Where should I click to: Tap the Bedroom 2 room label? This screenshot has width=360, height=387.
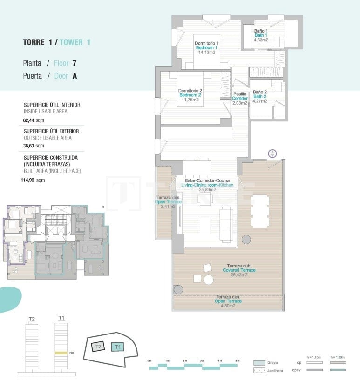(190, 95)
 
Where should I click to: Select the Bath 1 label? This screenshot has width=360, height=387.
(260, 35)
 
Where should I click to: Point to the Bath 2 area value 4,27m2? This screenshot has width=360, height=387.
(259, 100)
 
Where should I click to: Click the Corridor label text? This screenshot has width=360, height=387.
(240, 98)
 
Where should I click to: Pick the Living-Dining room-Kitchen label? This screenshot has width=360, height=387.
(207, 185)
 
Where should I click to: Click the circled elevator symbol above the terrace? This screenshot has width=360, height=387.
(272, 153)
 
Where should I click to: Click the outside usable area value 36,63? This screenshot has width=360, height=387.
(29, 146)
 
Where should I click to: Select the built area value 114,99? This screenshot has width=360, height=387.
(30, 180)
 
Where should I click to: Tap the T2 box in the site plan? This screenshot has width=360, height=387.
(98, 347)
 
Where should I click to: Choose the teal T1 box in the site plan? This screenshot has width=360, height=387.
(117, 347)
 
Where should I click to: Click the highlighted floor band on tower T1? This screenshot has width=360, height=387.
(61, 353)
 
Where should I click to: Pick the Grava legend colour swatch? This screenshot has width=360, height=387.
(259, 363)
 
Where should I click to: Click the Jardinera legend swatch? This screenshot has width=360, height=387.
(259, 371)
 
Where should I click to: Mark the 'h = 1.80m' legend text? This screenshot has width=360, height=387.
(337, 357)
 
